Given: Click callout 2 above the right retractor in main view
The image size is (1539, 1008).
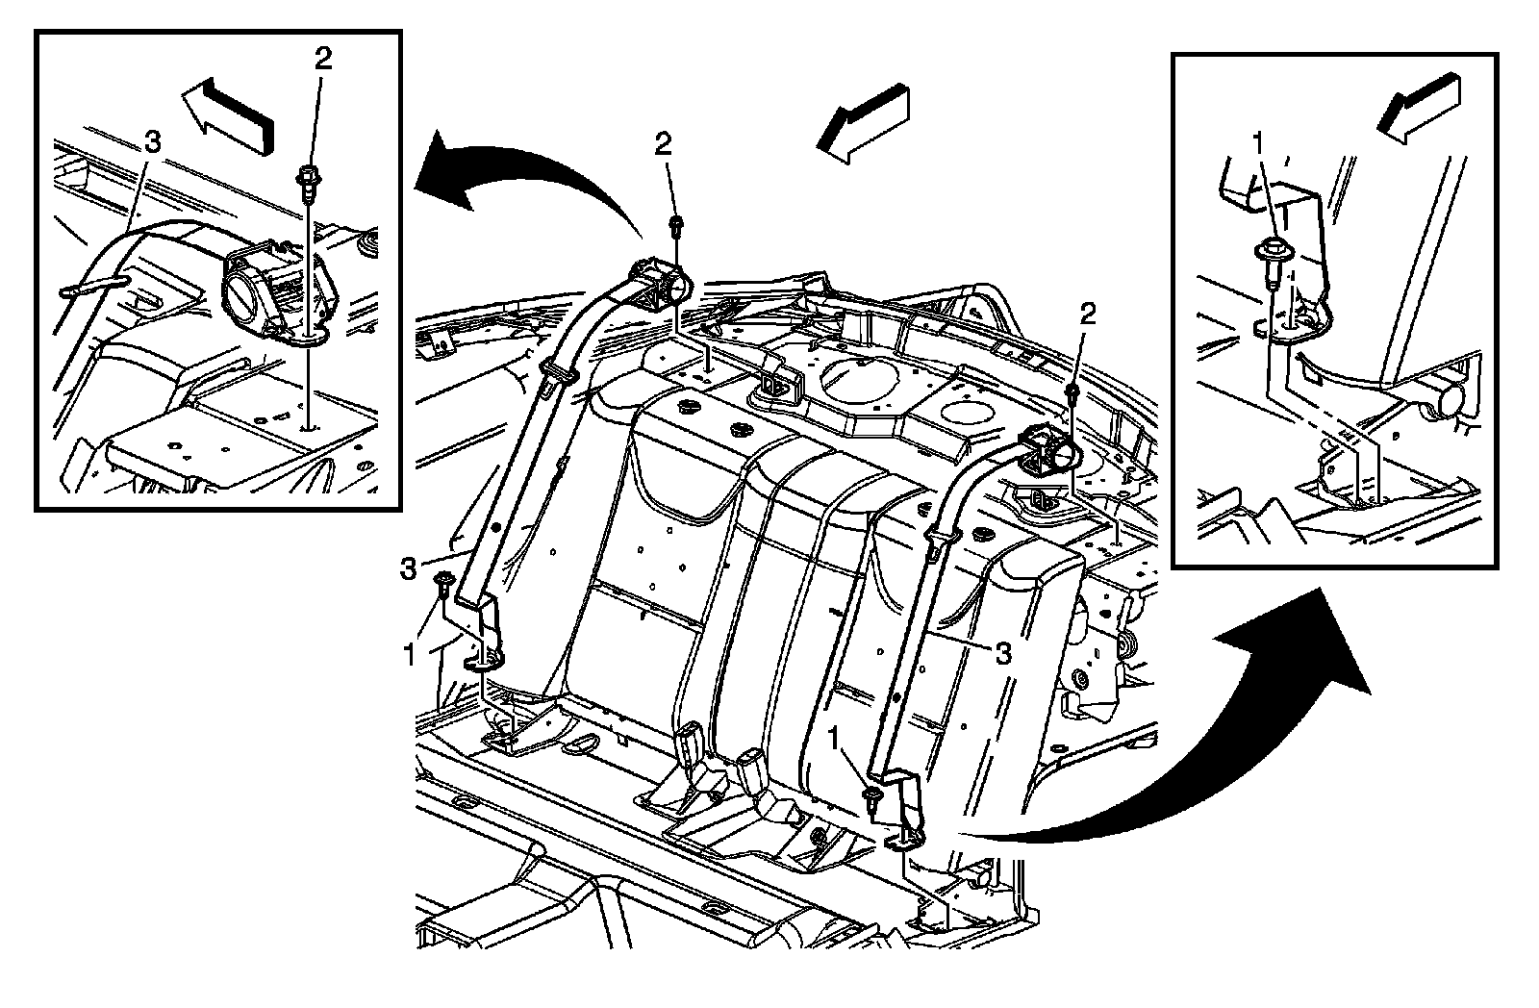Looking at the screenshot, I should click(x=1088, y=314).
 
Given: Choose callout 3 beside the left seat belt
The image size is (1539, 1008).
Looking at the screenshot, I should click(x=410, y=567).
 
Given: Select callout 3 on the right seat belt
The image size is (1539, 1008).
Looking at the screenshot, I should click(x=1002, y=654).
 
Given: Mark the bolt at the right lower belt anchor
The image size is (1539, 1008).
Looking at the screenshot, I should click(x=871, y=796).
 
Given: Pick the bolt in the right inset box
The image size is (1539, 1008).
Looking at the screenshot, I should click(x=1271, y=256).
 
